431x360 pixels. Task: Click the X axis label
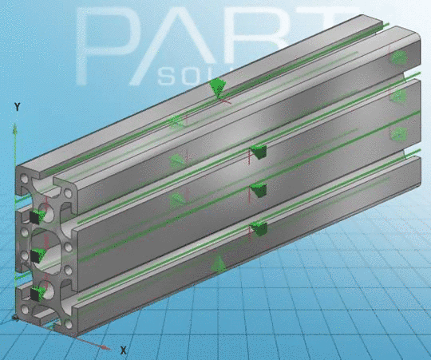124,350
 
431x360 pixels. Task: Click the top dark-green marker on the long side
258,151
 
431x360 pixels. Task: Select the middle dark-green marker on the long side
258,190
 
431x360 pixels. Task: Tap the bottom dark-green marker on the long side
258,229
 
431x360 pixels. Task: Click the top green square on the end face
36,216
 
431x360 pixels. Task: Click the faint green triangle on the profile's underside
218,263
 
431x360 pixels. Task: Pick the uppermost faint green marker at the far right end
397,57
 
